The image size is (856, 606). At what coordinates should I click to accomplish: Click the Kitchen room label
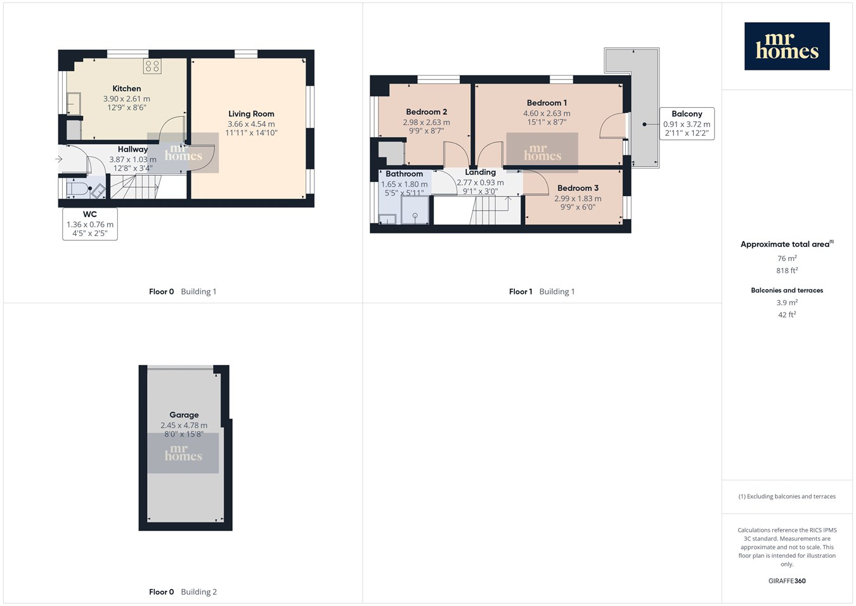coord(126,89)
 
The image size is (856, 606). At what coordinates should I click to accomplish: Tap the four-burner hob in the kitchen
coord(152,66)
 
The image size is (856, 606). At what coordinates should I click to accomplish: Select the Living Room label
coord(251,114)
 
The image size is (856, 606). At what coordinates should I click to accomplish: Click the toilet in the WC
coord(79,188)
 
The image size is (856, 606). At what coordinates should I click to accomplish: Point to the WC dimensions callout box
coord(90,224)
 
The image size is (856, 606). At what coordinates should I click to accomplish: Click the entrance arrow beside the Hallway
coord(58,159)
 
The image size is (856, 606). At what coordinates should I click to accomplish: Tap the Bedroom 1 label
coord(547,103)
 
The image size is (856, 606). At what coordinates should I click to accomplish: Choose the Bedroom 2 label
coord(426,112)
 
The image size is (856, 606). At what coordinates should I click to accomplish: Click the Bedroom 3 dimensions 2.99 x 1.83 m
coord(578,199)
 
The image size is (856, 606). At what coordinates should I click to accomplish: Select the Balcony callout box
coord(687,124)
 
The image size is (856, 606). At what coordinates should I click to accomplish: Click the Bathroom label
coord(404,174)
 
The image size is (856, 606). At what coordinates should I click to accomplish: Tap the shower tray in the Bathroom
coord(415,210)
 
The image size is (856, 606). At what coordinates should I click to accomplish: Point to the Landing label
coord(481,173)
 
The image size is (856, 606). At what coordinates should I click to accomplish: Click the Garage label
coord(184,415)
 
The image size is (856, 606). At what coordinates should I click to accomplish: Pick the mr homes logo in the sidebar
coord(787,46)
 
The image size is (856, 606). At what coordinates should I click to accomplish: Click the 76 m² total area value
coord(787,258)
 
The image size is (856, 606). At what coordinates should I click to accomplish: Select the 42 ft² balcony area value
coord(787,314)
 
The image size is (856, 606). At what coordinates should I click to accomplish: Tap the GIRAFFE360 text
coord(787,581)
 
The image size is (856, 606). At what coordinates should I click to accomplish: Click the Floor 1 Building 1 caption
coord(541,292)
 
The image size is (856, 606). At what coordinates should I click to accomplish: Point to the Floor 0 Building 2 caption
coord(183,592)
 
